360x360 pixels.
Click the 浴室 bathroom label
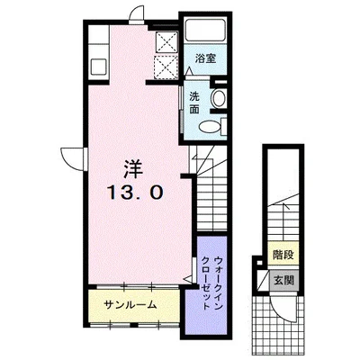click(x=205, y=58)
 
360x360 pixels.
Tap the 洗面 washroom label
click(x=194, y=103)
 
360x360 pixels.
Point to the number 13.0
click(x=135, y=193)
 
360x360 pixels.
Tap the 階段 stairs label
click(x=283, y=255)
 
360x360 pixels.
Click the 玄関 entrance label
click(x=283, y=281)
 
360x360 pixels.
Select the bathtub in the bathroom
click(x=205, y=30)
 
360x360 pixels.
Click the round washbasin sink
click(x=219, y=98)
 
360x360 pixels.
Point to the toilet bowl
click(x=210, y=126)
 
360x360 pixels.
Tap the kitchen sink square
click(x=98, y=67)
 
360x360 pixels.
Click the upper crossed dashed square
click(x=166, y=41)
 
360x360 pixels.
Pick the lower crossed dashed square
click(x=166, y=67)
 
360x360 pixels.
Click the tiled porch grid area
click(x=277, y=326)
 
